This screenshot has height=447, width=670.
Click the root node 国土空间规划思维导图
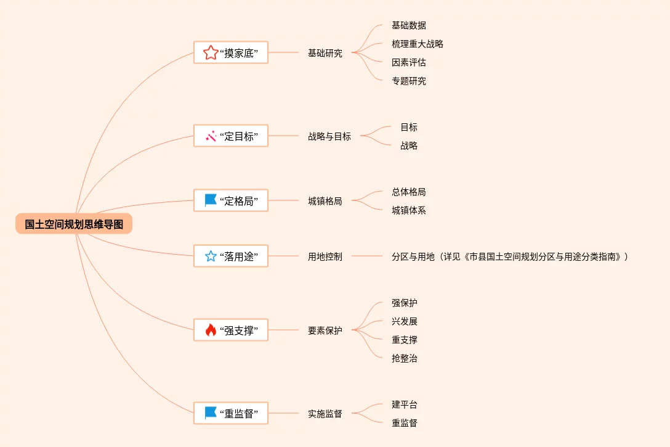[74, 224]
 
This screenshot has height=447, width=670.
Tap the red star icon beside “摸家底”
[211, 53]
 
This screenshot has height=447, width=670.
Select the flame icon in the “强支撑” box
[211, 330]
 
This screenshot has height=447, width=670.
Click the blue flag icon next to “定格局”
[211, 200]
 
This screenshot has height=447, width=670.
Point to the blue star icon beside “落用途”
[211, 256]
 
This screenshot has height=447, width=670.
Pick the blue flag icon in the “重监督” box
[211, 413]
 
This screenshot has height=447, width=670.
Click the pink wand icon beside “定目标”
[211, 136]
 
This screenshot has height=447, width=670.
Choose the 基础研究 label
[325, 53]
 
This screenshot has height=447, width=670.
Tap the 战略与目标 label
[329, 136]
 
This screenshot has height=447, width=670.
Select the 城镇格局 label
[325, 201]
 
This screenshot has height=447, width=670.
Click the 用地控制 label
[325, 256]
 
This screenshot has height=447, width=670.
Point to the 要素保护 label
[325, 330]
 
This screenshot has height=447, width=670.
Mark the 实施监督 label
[325, 414]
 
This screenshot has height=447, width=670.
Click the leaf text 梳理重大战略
[418, 44]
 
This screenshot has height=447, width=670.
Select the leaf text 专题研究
[409, 81]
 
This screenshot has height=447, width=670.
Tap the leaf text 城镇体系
[409, 210]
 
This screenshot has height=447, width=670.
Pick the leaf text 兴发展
[405, 321]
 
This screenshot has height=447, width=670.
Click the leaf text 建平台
[405, 404]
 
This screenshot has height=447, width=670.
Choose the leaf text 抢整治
[405, 358]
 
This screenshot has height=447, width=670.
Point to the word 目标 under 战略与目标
[409, 127]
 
